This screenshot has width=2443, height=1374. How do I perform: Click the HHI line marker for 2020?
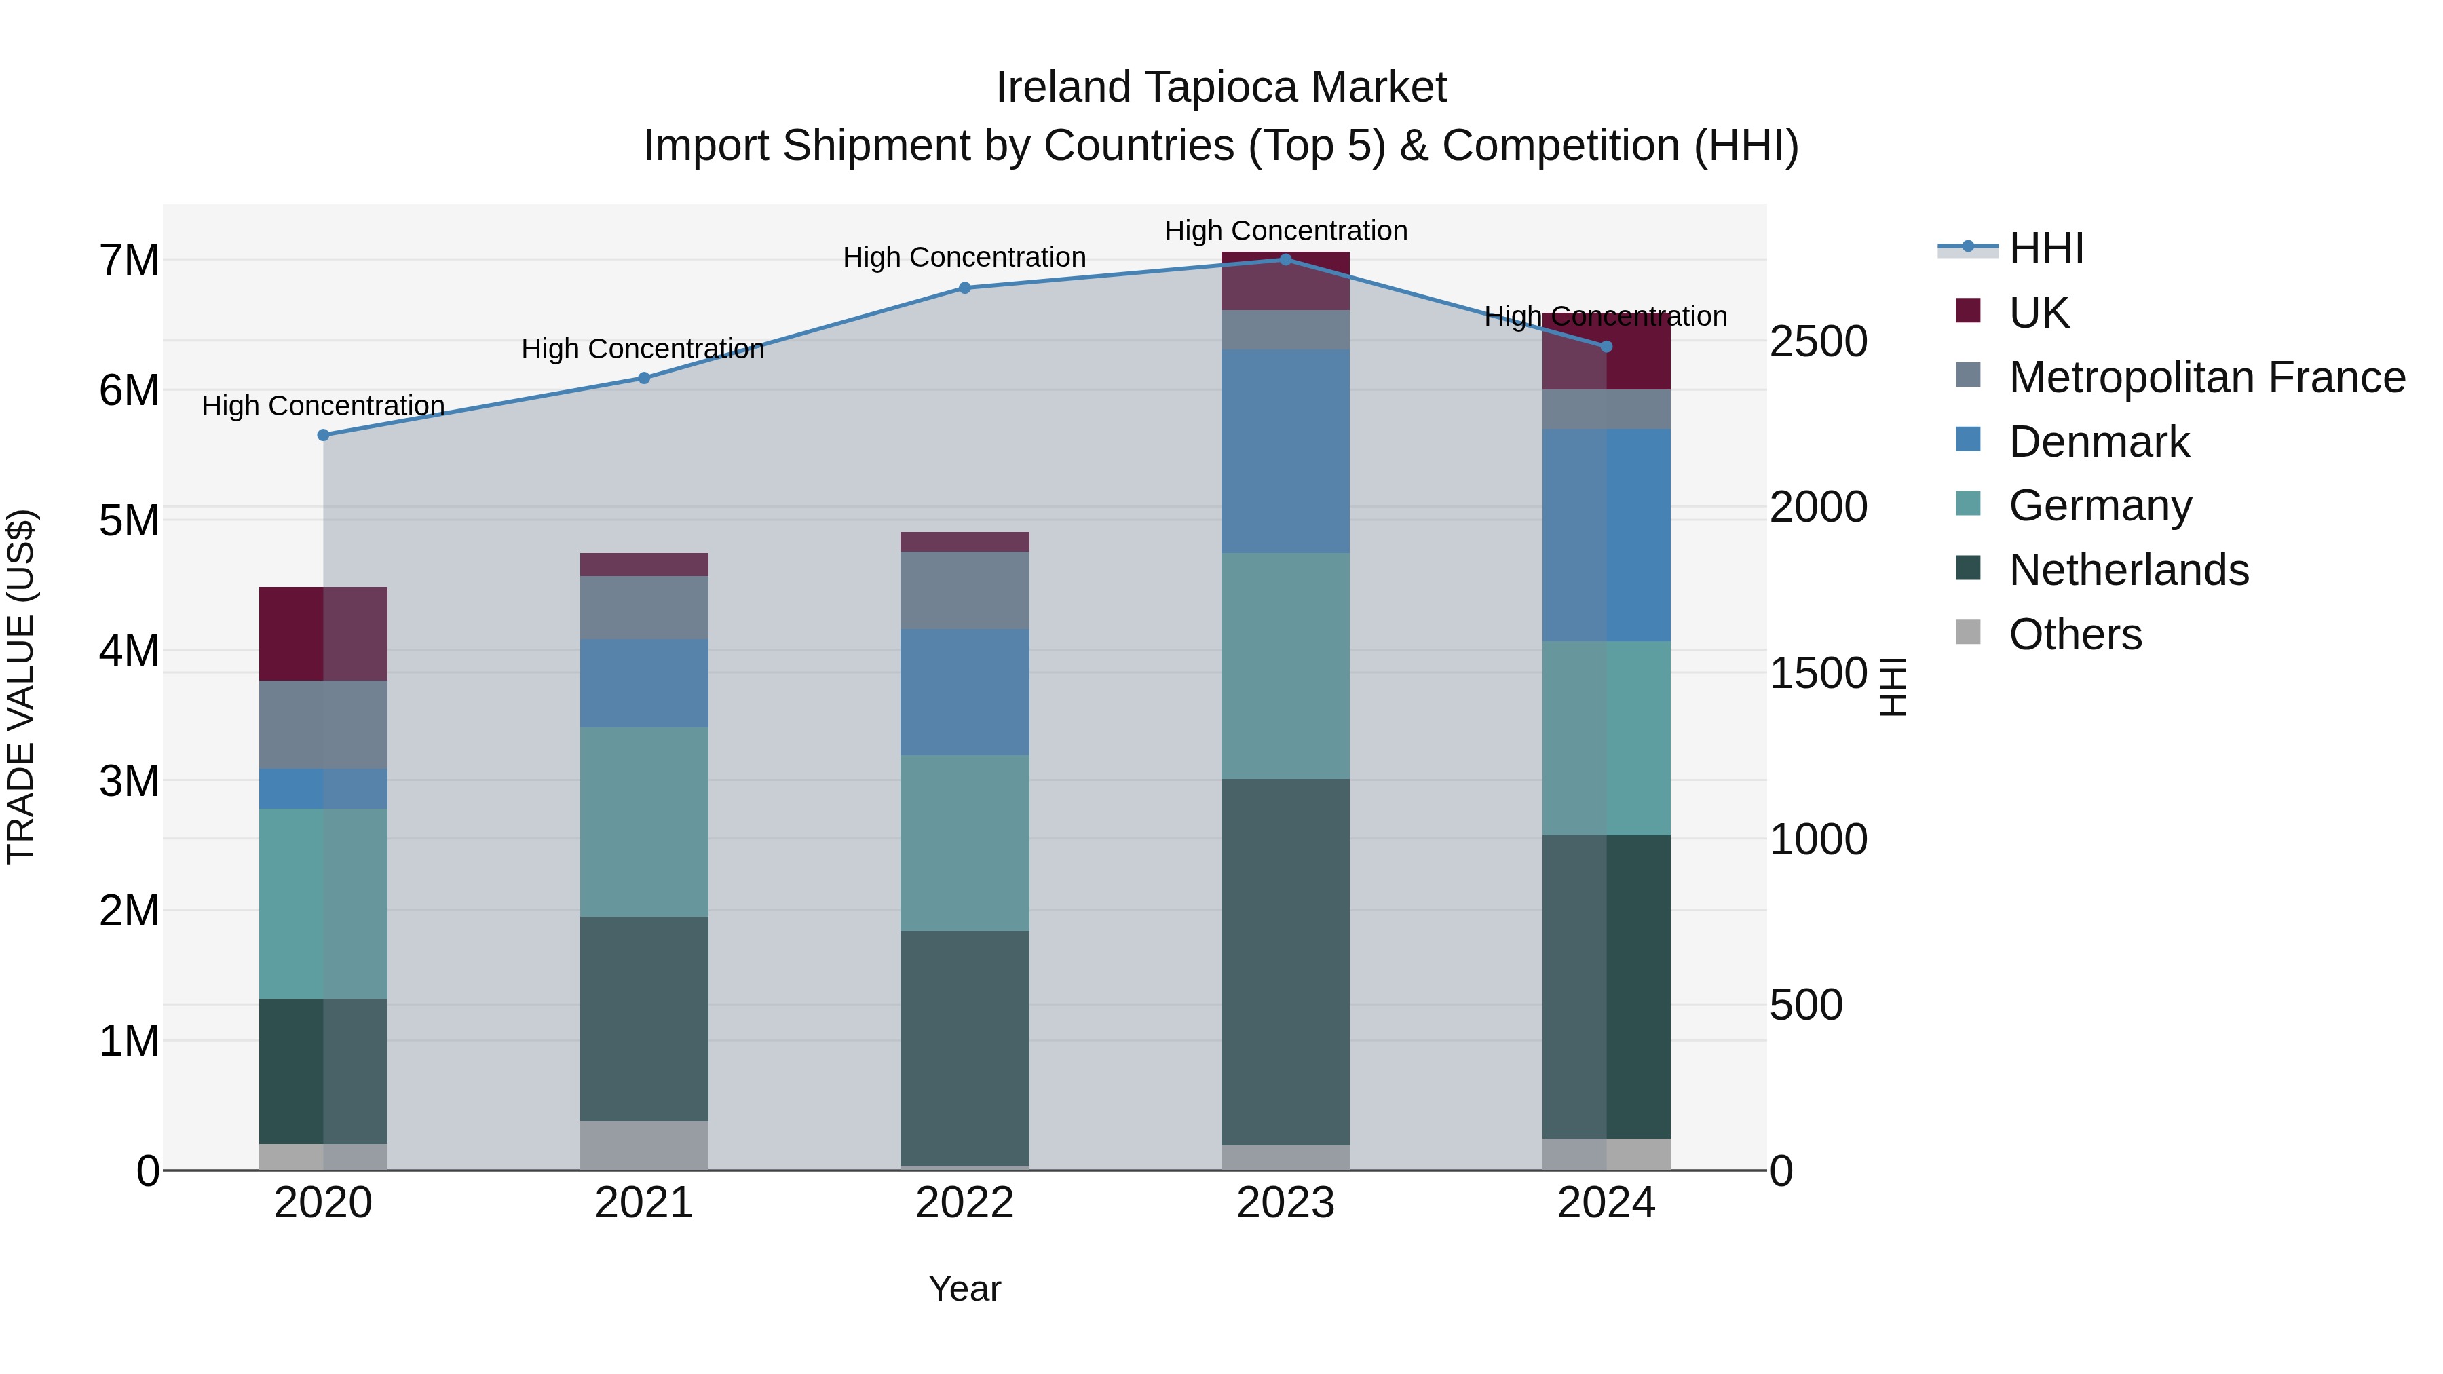[x=324, y=435]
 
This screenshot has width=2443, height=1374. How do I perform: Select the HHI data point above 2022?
[x=964, y=288]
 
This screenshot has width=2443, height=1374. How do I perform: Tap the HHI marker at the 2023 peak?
[x=1286, y=260]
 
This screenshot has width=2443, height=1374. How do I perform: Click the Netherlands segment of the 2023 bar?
[x=1286, y=961]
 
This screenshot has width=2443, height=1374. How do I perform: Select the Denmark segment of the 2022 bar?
[x=964, y=691]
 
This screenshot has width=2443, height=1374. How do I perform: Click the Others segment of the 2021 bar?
[x=644, y=1145]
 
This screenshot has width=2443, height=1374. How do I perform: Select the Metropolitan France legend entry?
[x=2206, y=377]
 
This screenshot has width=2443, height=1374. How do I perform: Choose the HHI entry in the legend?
[x=2045, y=248]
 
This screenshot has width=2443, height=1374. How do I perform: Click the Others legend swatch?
[x=1969, y=632]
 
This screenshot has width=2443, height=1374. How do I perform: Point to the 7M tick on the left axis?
[x=130, y=260]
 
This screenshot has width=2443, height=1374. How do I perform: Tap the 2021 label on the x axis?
[x=644, y=1203]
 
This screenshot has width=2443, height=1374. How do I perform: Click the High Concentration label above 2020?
[x=324, y=406]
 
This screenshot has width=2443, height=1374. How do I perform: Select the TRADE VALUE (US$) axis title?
[x=21, y=687]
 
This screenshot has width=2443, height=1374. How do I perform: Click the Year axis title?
[x=964, y=1289]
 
